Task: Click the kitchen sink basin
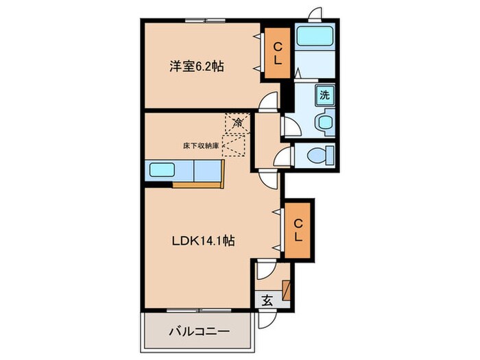point(163,170)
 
